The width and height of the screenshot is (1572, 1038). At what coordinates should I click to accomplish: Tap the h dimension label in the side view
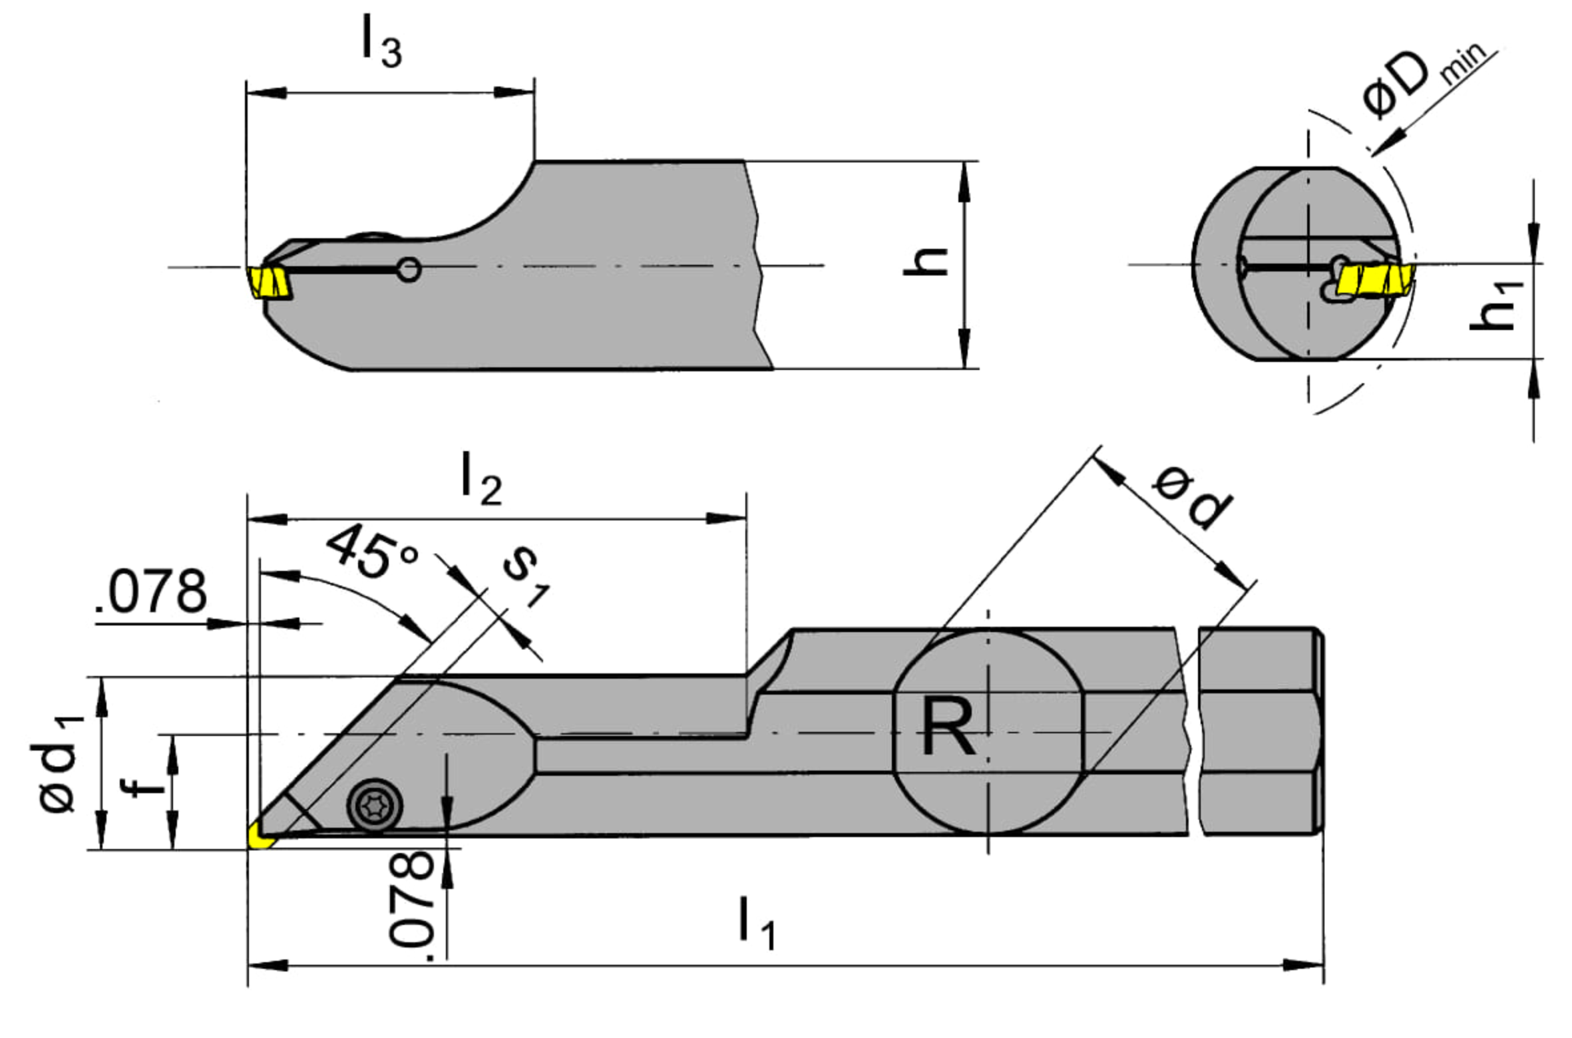(926, 261)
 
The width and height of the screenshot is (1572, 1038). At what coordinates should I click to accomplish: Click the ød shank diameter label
(1192, 497)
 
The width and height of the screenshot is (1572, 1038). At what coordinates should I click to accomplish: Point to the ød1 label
(62, 764)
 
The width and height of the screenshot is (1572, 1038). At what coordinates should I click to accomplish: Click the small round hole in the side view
(408, 270)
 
